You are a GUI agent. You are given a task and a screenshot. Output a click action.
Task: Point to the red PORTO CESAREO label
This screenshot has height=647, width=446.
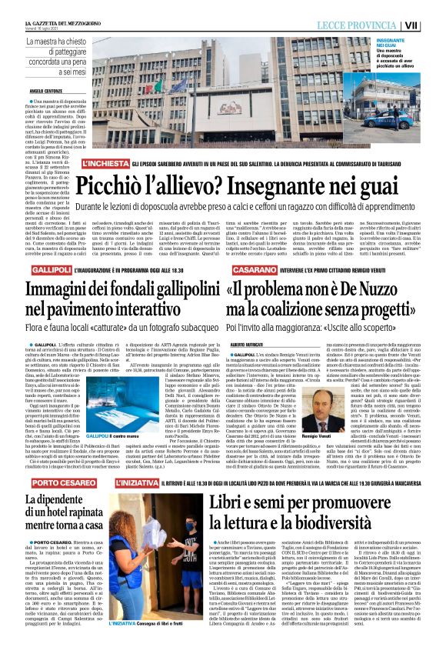point(58,482)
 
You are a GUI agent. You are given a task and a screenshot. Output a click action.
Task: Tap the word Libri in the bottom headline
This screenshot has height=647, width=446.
point(230,506)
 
